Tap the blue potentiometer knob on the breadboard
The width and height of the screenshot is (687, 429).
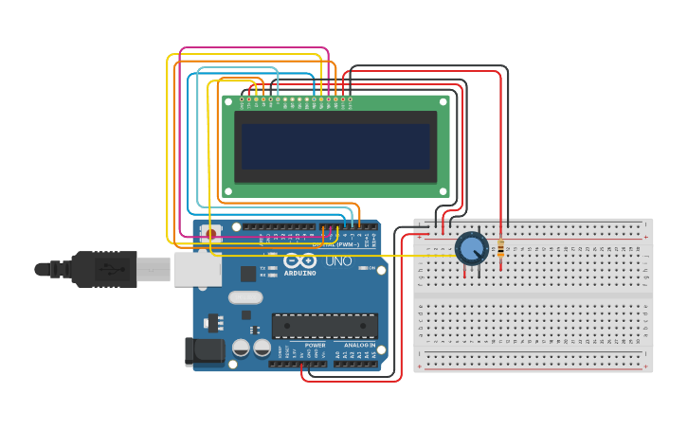click(471, 248)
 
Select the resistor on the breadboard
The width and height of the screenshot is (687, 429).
click(500, 249)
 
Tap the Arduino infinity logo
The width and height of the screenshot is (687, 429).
click(299, 260)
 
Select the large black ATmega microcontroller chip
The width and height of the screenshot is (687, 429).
click(324, 326)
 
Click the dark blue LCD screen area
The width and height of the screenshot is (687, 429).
click(335, 146)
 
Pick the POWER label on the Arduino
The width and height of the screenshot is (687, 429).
click(316, 346)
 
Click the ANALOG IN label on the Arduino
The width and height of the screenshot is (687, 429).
click(358, 346)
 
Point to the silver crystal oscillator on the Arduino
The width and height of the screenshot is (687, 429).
click(244, 297)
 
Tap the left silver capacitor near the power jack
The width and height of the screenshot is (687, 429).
click(242, 348)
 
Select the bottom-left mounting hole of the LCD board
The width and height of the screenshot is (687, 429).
click(227, 191)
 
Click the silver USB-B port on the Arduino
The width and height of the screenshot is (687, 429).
click(197, 269)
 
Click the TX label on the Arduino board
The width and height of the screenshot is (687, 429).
click(262, 268)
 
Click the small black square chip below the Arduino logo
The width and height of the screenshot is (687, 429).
click(248, 274)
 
